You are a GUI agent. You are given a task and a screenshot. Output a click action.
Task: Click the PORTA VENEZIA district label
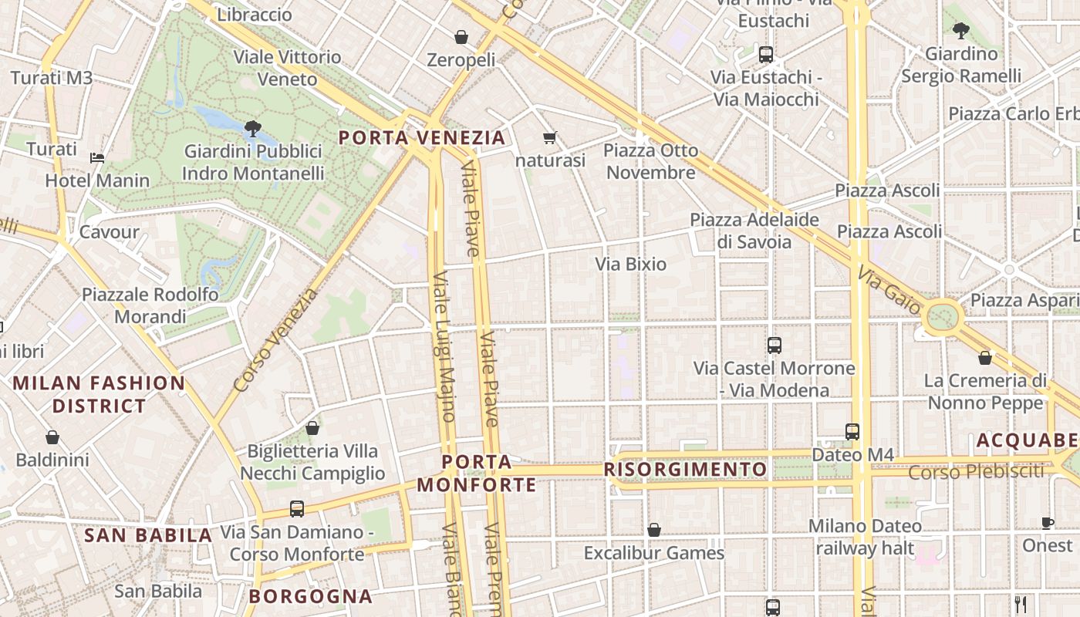click(x=422, y=138)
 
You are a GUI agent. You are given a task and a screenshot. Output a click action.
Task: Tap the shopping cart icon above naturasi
click(x=550, y=138)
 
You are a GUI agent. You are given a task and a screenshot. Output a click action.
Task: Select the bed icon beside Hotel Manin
click(x=97, y=158)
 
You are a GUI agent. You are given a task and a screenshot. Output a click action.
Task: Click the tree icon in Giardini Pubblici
click(x=252, y=128)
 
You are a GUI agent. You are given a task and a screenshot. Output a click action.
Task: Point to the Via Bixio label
click(x=630, y=265)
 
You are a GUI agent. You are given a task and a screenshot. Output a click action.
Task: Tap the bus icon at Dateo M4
click(x=852, y=432)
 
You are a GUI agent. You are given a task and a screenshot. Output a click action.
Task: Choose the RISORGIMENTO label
click(x=685, y=470)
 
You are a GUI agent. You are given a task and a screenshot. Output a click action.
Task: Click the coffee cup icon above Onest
click(x=1047, y=523)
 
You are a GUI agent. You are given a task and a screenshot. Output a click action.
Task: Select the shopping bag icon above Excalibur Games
click(x=653, y=530)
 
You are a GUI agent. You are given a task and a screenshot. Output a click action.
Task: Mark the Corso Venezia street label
click(x=275, y=339)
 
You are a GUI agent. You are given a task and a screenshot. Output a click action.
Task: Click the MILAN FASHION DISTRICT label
click(x=99, y=394)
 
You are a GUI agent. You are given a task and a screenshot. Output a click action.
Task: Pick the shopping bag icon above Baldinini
click(x=52, y=437)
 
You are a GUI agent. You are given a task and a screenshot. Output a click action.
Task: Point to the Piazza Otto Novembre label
click(x=651, y=161)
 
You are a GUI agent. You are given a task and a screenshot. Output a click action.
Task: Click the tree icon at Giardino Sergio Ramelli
click(x=960, y=31)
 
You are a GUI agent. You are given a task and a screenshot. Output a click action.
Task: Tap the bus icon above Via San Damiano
click(x=297, y=509)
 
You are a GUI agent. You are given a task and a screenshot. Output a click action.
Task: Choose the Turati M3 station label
click(x=51, y=78)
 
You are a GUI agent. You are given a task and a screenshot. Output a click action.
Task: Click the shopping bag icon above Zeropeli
click(x=461, y=37)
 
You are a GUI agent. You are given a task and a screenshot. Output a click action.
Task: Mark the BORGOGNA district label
click(x=311, y=596)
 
